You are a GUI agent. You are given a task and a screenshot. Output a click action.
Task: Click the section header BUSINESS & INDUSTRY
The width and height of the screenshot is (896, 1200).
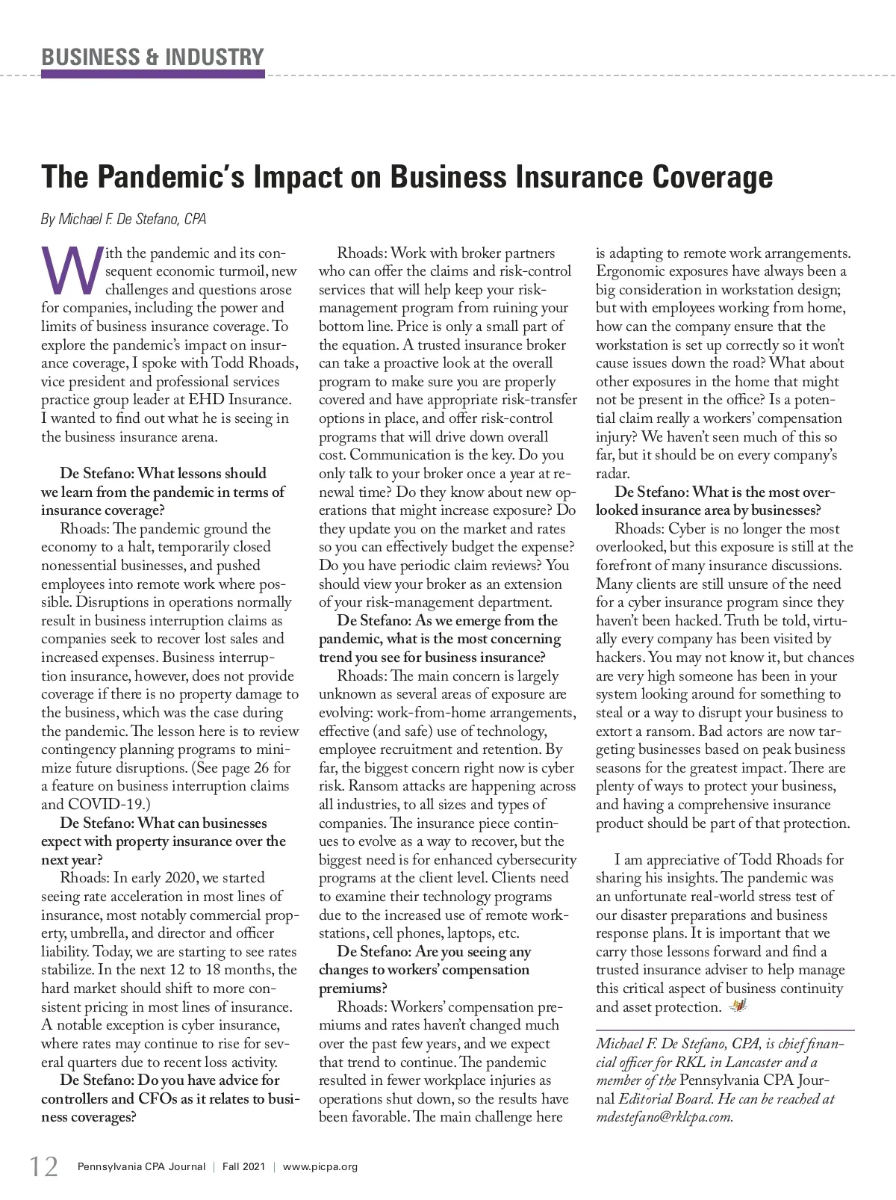tap(152, 57)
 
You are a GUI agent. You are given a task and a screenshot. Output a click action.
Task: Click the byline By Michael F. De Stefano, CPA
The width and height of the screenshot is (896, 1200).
tap(123, 219)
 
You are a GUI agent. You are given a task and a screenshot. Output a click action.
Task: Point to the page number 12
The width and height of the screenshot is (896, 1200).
tap(43, 1166)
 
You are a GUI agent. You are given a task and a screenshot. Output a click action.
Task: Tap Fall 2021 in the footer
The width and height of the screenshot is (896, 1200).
tap(242, 1166)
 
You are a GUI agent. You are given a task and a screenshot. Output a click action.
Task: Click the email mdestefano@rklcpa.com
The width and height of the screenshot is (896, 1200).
tap(665, 1117)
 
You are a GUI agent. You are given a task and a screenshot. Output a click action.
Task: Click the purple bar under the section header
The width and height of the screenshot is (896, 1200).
tap(152, 74)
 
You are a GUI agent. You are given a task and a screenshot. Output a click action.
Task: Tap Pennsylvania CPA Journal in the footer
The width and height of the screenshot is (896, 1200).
tap(137, 1166)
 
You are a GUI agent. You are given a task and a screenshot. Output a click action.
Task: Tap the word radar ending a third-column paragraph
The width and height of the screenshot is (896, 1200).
tap(612, 473)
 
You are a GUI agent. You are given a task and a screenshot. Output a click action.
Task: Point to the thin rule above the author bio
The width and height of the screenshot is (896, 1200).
tap(724, 1031)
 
